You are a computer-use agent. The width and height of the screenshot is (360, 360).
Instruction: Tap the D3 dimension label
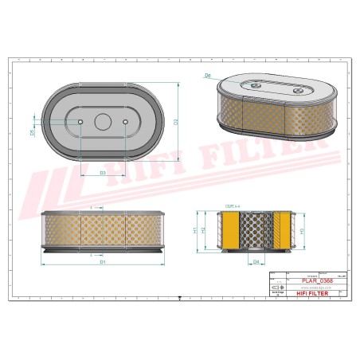coord(104,172)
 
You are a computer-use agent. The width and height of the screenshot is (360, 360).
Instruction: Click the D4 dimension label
coord(256,261)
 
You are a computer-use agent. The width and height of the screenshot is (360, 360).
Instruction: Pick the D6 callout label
coord(208,76)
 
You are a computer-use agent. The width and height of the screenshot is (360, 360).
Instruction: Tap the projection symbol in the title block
coord(276,287)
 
